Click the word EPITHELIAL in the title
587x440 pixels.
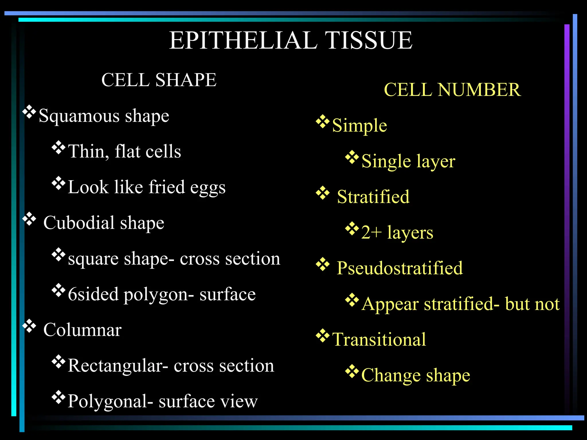coord(243,40)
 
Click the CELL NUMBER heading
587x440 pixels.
coord(452,90)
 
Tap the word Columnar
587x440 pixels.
coord(82,330)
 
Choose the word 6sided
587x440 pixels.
coord(93,294)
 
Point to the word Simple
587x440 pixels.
coord(359,125)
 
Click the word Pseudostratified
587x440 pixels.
coord(400,268)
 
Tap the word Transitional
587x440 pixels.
coord(379,339)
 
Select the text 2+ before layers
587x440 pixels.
coord(371,232)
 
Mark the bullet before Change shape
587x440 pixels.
coord(352,372)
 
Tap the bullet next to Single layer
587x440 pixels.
coord(352,157)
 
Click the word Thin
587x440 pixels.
coord(86,152)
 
